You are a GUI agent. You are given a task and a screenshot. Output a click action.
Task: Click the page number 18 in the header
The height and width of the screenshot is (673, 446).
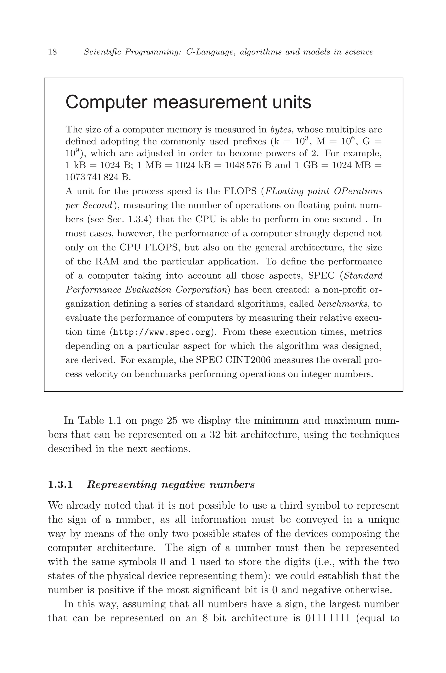pos(53,52)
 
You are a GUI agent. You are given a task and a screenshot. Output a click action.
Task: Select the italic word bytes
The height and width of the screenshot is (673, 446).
pos(281,130)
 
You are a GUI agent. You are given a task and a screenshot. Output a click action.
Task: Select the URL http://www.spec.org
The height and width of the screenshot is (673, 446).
pos(162,332)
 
